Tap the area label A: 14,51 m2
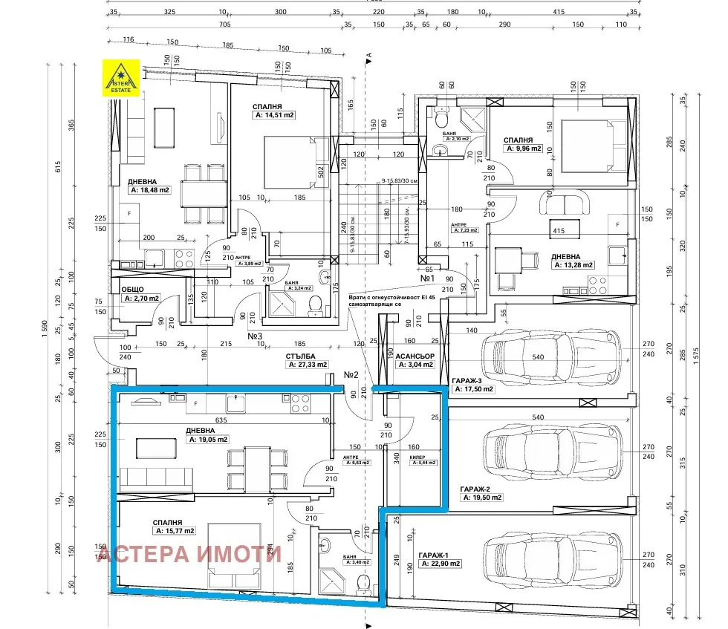click(275, 115)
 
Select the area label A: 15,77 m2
click(175, 531)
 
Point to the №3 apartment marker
click(256, 336)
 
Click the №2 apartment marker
click(351, 375)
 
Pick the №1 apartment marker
click(427, 278)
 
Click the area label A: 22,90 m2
click(440, 564)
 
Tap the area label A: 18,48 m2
click(149, 190)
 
